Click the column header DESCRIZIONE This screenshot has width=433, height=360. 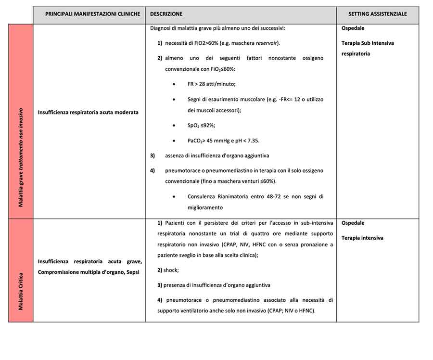point(166,14)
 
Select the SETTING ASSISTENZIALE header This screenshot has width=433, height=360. point(377,14)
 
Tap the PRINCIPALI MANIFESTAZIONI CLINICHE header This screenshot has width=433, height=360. point(89,14)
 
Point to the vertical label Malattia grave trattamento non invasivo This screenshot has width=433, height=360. point(21,158)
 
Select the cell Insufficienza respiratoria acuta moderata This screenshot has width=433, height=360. point(88,112)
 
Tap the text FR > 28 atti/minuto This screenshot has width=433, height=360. point(211,84)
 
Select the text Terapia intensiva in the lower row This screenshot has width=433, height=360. point(362,238)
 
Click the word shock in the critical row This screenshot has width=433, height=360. point(171,270)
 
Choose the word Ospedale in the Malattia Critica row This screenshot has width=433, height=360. point(353,223)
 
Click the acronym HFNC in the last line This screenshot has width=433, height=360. point(306,310)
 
